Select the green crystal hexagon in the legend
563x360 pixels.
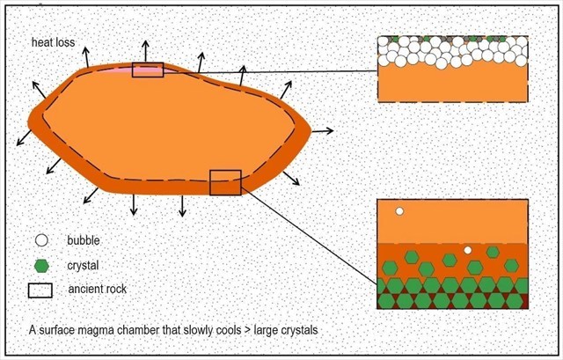coord(40,264)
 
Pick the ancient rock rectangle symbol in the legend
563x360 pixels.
coord(40,289)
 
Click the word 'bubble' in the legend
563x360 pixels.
coord(84,240)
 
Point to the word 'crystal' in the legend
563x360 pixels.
coord(84,264)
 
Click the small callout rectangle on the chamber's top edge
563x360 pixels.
coord(147,70)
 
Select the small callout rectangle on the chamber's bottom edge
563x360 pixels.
coord(225,181)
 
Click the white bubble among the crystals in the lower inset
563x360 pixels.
coord(468,251)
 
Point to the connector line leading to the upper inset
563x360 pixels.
coord(264,70)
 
